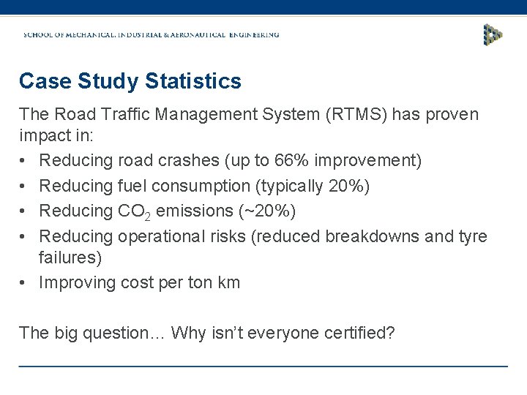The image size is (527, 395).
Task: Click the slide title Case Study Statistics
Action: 130,81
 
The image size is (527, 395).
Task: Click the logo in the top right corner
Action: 493,34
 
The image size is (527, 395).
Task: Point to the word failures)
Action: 70,258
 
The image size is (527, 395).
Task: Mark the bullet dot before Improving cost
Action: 26,283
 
